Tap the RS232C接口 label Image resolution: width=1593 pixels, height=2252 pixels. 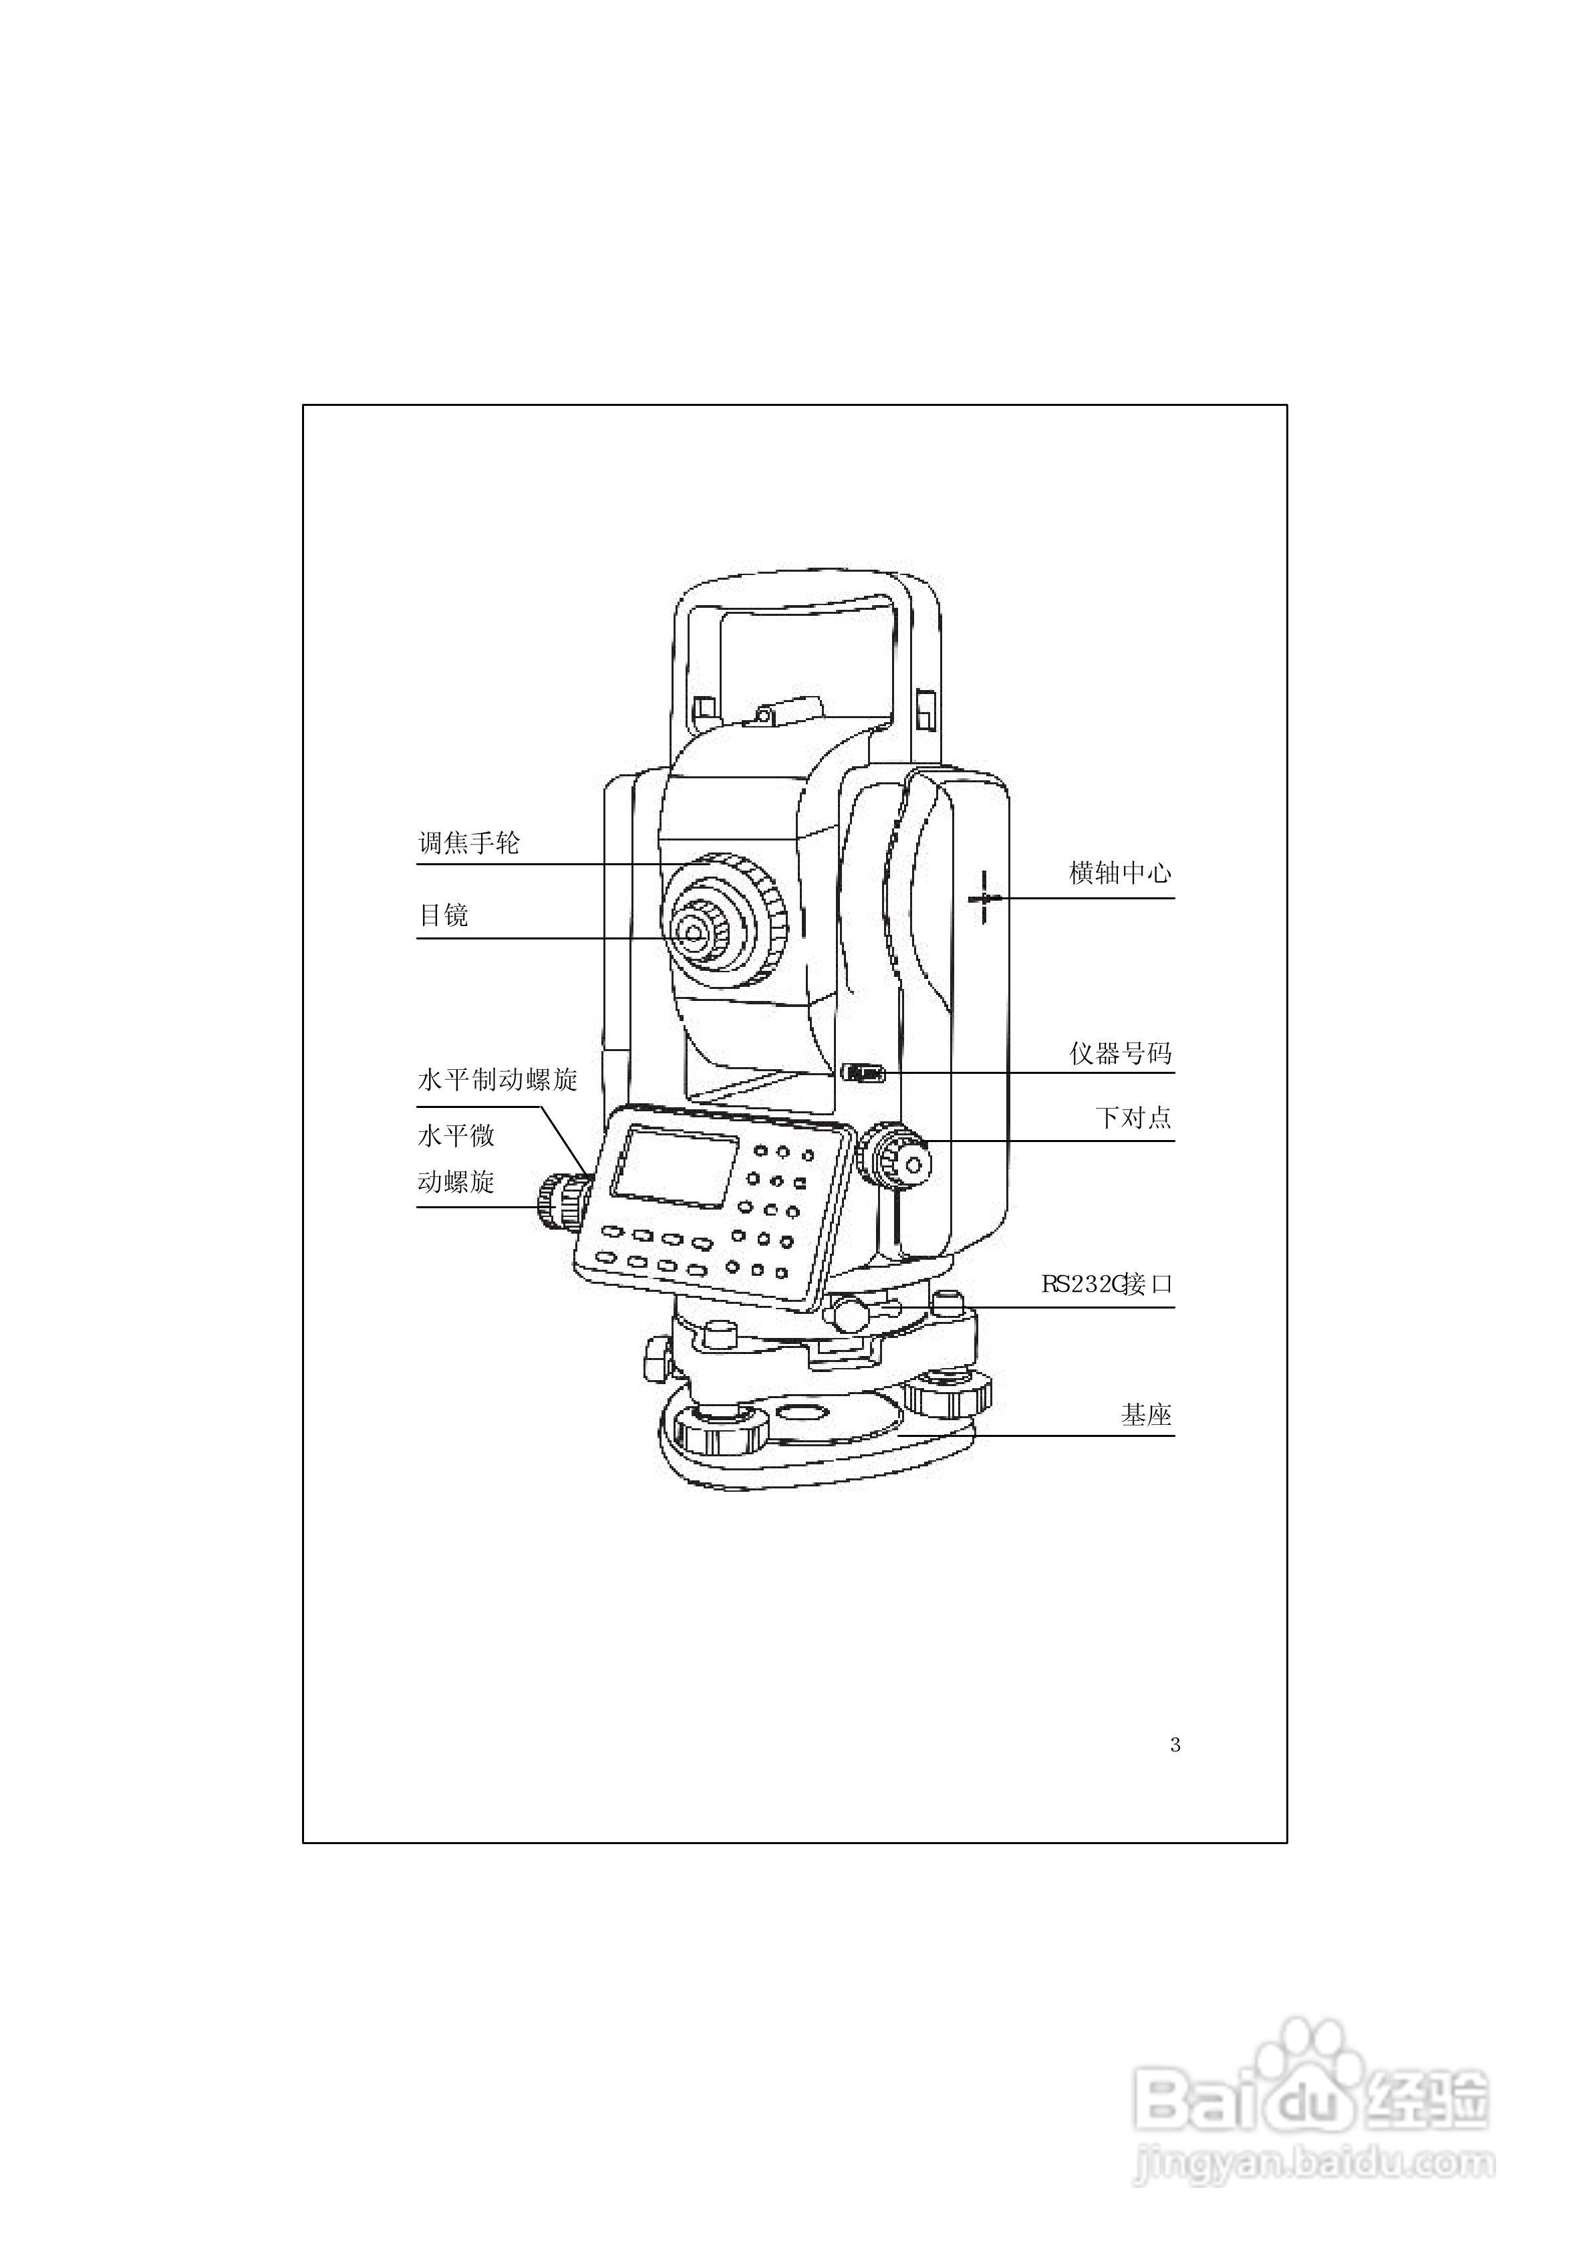pos(1107,1284)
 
